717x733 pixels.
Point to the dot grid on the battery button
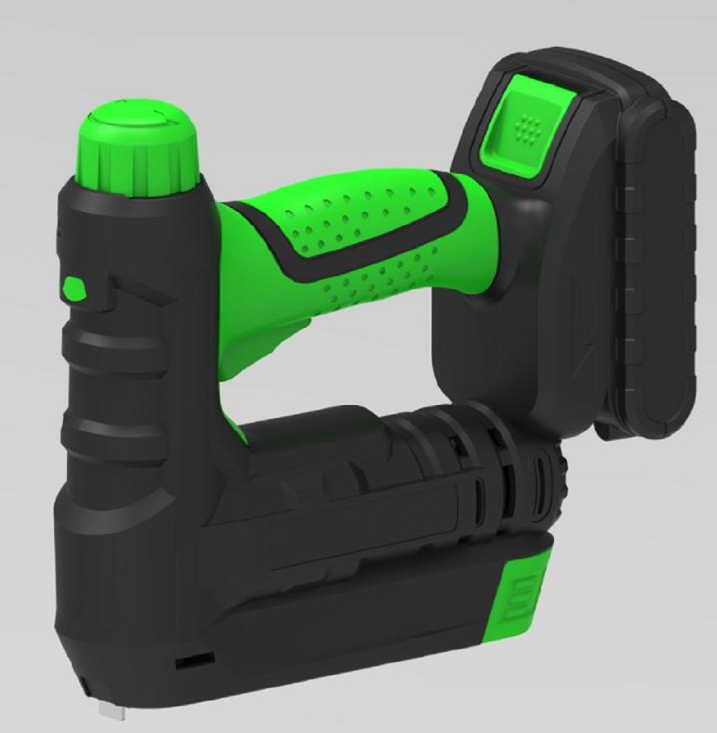(530, 125)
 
